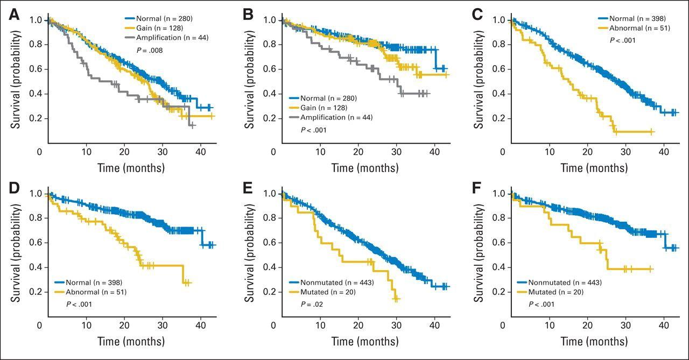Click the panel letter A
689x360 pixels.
[14, 16]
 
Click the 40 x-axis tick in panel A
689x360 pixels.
[200, 152]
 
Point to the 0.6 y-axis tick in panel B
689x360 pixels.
[270, 69]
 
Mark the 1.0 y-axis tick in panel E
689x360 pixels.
[270, 194]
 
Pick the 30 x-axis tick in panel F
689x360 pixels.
[626, 326]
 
